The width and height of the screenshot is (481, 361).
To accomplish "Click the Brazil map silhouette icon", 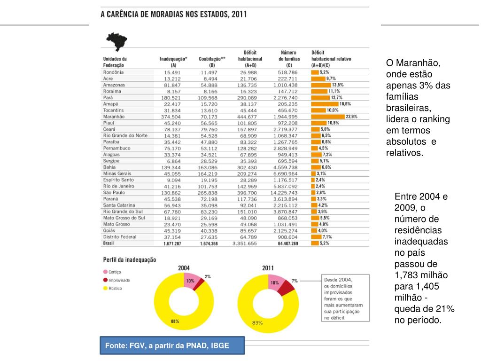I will click(x=117, y=41).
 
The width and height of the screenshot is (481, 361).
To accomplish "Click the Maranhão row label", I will click(x=114, y=116).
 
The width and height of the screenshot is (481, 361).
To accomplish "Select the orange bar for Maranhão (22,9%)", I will click(x=327, y=116).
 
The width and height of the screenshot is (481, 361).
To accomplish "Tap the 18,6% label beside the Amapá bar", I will click(x=345, y=103).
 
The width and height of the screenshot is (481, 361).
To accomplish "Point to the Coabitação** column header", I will click(x=212, y=59).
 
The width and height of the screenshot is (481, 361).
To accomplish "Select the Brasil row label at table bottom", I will click(x=109, y=243).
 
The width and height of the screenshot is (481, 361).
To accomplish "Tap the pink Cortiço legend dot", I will click(x=105, y=272).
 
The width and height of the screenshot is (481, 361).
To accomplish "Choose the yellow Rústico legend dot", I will click(x=105, y=289).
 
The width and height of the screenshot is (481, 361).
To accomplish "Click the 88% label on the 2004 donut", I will click(x=175, y=322).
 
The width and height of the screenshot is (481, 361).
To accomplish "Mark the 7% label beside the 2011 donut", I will click(x=295, y=281).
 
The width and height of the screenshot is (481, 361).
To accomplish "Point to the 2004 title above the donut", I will click(x=184, y=268).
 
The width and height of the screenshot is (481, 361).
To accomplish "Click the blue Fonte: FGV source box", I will click(x=172, y=346).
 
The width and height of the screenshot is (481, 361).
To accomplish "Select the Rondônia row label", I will click(x=113, y=72).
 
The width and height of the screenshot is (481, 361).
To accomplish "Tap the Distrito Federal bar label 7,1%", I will click(x=327, y=237).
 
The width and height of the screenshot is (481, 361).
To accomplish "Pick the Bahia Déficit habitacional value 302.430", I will click(x=248, y=167).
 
